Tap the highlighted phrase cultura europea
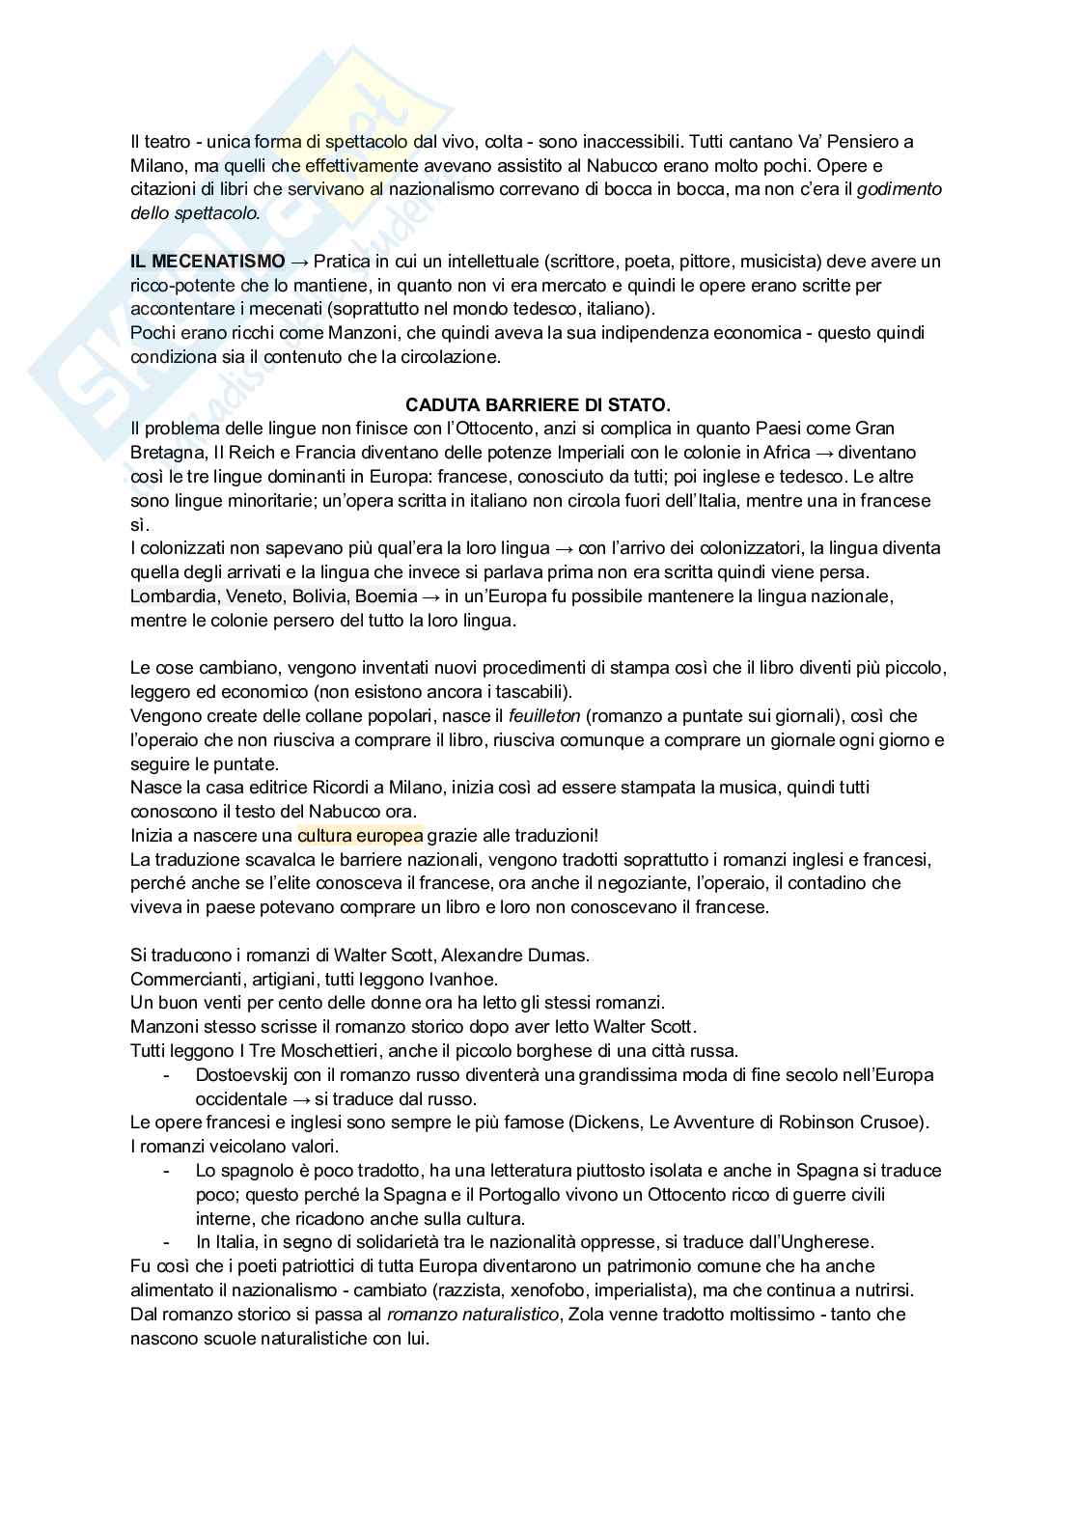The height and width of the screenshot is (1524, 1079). (360, 835)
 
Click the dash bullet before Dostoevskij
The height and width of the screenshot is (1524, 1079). (168, 1074)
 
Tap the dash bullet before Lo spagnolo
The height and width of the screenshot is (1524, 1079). (168, 1170)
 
